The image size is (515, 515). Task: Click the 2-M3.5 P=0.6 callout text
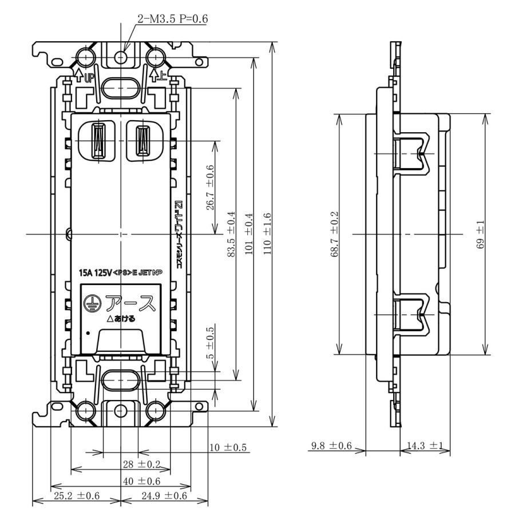pyautogui.click(x=173, y=19)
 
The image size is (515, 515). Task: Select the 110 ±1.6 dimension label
pyautogui.click(x=267, y=233)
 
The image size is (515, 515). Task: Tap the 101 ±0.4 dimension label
pyautogui.click(x=249, y=233)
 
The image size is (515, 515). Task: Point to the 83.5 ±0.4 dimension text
pyautogui.click(x=231, y=234)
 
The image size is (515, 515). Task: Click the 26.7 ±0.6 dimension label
pyautogui.click(x=210, y=188)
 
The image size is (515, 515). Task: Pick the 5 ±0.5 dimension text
pyautogui.click(x=210, y=343)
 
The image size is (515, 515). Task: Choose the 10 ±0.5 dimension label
pyautogui.click(x=228, y=447)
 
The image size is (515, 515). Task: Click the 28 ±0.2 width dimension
pyautogui.click(x=141, y=464)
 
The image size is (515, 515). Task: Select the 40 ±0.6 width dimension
pyautogui.click(x=141, y=481)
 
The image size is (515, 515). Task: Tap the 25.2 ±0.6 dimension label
pyautogui.click(x=77, y=496)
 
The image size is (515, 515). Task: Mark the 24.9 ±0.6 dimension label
pyautogui.click(x=164, y=496)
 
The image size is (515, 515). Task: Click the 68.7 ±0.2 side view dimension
pyautogui.click(x=334, y=234)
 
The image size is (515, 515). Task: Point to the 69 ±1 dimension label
pyautogui.click(x=480, y=235)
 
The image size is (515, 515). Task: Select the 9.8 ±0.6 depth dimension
pyautogui.click(x=331, y=446)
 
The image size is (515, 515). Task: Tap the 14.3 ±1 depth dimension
pyautogui.click(x=425, y=446)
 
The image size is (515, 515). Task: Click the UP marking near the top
pyautogui.click(x=89, y=78)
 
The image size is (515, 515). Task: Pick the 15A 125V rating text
pyautogui.click(x=95, y=273)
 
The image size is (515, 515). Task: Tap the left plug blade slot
pyautogui.click(x=99, y=140)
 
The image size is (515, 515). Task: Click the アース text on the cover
pyautogui.click(x=130, y=303)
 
